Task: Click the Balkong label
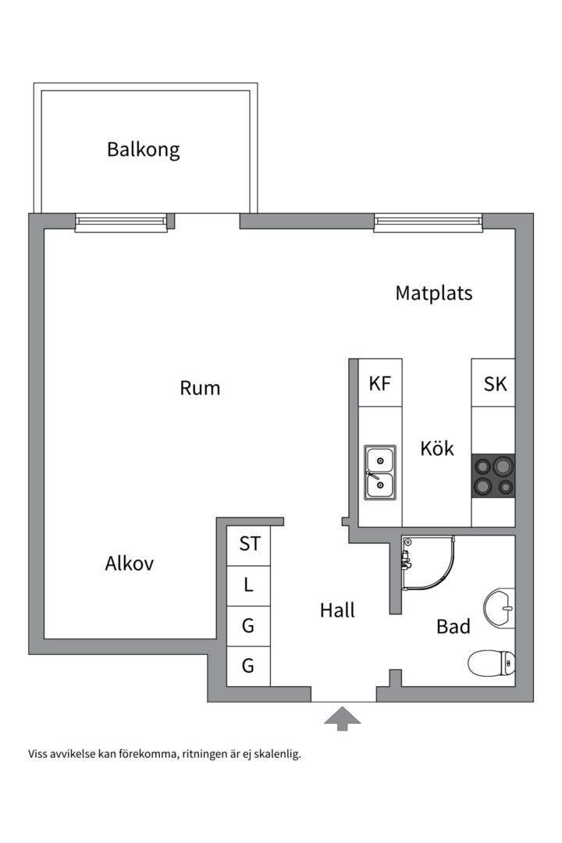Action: point(144,149)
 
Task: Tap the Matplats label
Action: point(433,293)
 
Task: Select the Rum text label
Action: point(200,387)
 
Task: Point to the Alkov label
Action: point(130,564)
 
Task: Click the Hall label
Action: point(337,610)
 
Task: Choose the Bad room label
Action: point(453,626)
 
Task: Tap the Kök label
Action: point(436,449)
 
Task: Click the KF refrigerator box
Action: point(380,383)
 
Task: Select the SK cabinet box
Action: point(494,383)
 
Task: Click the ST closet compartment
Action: point(249,544)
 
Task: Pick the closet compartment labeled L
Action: point(249,585)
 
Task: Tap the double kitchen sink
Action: point(380,472)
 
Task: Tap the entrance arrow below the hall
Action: point(342,718)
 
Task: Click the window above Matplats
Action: point(428,222)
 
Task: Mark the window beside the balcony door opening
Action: point(121,223)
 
